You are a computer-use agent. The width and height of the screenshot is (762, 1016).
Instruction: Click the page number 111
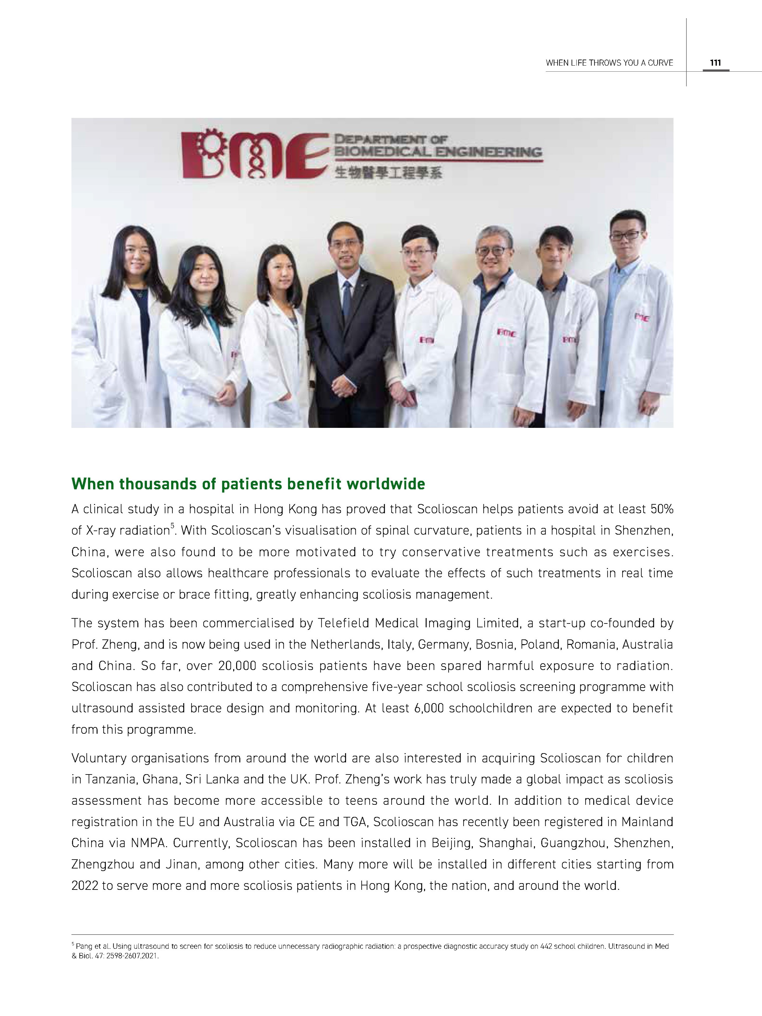(715, 63)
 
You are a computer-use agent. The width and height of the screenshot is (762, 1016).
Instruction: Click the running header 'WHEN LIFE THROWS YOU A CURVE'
(609, 63)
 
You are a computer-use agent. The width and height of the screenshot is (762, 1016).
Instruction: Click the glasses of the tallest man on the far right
(628, 235)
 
